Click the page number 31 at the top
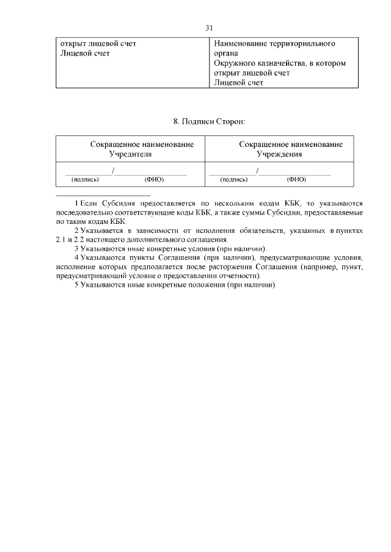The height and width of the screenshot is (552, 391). (x=209, y=28)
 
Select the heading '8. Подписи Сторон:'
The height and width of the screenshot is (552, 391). (x=209, y=122)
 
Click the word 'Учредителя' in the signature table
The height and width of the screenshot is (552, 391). (x=130, y=155)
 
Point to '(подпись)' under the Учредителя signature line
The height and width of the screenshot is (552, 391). (x=85, y=179)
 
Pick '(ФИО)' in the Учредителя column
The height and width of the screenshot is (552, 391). (x=153, y=179)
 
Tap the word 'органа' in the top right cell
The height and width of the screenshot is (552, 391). (x=227, y=54)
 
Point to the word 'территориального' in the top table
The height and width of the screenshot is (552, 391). (x=303, y=44)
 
